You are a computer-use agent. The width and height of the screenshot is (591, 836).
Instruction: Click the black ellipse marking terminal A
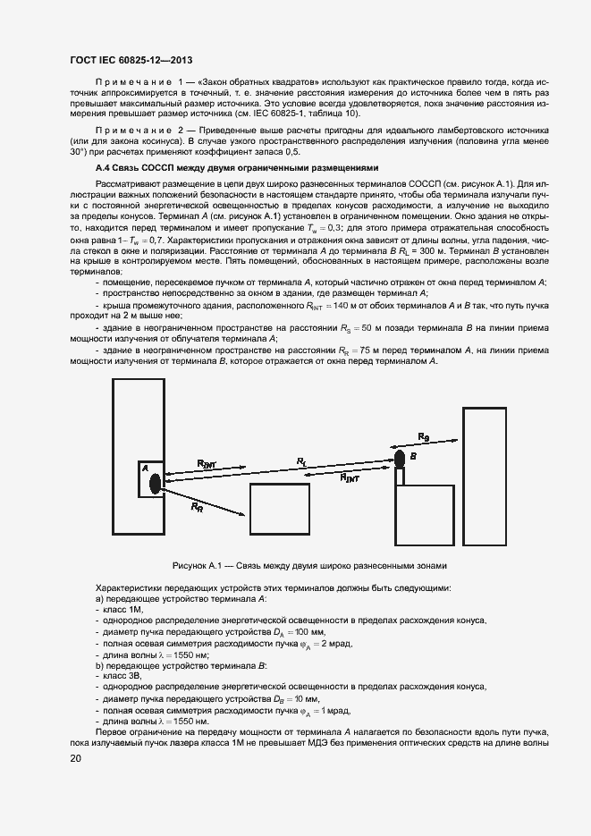pyautogui.click(x=155, y=483)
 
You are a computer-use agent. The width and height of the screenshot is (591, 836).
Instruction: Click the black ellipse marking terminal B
pyautogui.click(x=400, y=460)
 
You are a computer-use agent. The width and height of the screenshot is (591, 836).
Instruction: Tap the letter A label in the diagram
pyautogui.click(x=143, y=468)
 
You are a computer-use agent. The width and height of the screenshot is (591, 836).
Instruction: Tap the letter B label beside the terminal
pyautogui.click(x=413, y=456)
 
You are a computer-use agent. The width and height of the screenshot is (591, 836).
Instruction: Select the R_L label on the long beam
pyautogui.click(x=301, y=461)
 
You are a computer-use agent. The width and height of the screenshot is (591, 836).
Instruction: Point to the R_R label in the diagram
pyautogui.click(x=197, y=506)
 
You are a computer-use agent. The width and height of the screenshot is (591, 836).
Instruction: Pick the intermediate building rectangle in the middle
pyautogui.click(x=285, y=509)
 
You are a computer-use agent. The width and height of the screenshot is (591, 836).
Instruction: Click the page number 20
pyautogui.click(x=75, y=758)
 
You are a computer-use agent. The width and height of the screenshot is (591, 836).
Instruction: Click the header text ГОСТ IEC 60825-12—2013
pyautogui.click(x=131, y=60)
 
